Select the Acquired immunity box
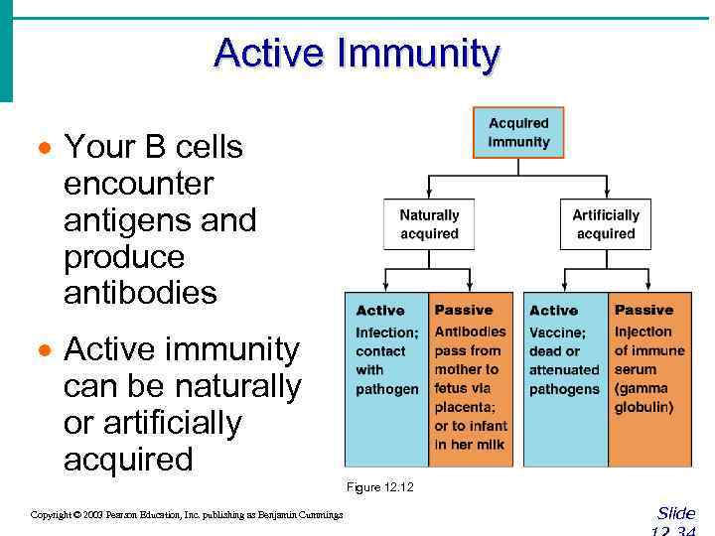pyautogui.click(x=518, y=133)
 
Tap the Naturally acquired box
pyautogui.click(x=429, y=224)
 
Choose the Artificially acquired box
pyautogui.click(x=606, y=224)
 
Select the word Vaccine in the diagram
pyautogui.click(x=557, y=333)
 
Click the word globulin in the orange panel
pyautogui.click(x=643, y=408)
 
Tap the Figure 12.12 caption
pyautogui.click(x=379, y=487)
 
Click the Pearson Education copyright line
pyautogui.click(x=187, y=514)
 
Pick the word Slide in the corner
pyautogui.click(x=676, y=513)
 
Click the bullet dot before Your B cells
pyautogui.click(x=43, y=149)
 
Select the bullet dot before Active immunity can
pyautogui.click(x=43, y=351)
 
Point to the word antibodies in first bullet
pyautogui.click(x=139, y=294)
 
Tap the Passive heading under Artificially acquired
pyautogui.click(x=643, y=311)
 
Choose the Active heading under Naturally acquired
pyautogui.click(x=379, y=311)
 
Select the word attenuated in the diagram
pyautogui.click(x=563, y=370)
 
